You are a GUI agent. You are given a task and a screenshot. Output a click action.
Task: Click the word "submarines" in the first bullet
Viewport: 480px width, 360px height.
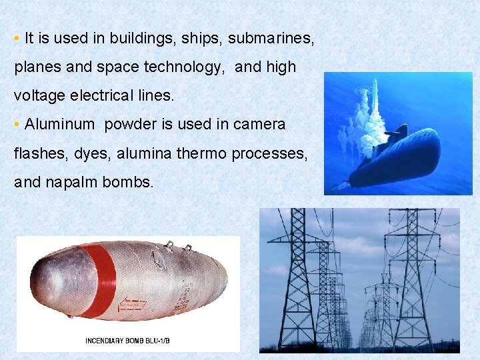click(270, 38)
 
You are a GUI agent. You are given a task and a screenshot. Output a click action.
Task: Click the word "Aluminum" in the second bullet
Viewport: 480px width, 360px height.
click(59, 124)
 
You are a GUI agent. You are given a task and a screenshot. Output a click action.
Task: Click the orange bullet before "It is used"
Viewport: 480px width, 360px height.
click(16, 39)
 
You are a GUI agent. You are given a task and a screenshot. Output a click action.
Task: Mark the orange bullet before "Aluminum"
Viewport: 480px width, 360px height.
click(16, 125)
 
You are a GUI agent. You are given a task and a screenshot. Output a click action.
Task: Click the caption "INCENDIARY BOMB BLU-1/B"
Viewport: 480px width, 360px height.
click(127, 341)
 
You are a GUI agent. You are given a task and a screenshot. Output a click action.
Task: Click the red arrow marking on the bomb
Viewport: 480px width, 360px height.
click(132, 305)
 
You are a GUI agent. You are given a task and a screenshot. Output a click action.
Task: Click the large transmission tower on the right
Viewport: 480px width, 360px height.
click(413, 280)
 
